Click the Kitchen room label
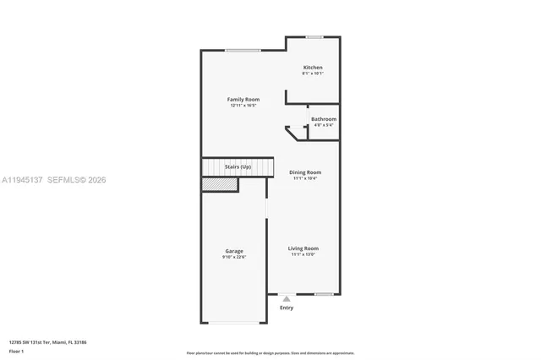coord(313,68)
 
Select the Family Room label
coord(243,100)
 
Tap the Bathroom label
coord(324,119)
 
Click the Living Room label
coord(303,248)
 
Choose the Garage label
coord(234,251)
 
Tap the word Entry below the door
coord(287,308)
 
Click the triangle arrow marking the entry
coord(287,298)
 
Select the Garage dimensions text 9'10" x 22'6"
coord(234,257)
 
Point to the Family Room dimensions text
coord(243,106)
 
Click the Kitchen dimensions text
coord(313,74)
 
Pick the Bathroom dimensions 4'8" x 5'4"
coord(324,125)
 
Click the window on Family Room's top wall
coord(243,51)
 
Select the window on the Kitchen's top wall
coord(314,36)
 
